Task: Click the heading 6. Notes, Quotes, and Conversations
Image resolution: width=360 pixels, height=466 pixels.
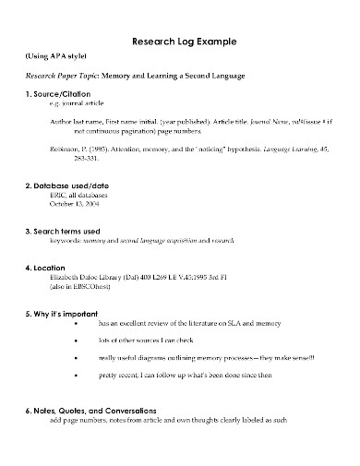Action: click(102, 410)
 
